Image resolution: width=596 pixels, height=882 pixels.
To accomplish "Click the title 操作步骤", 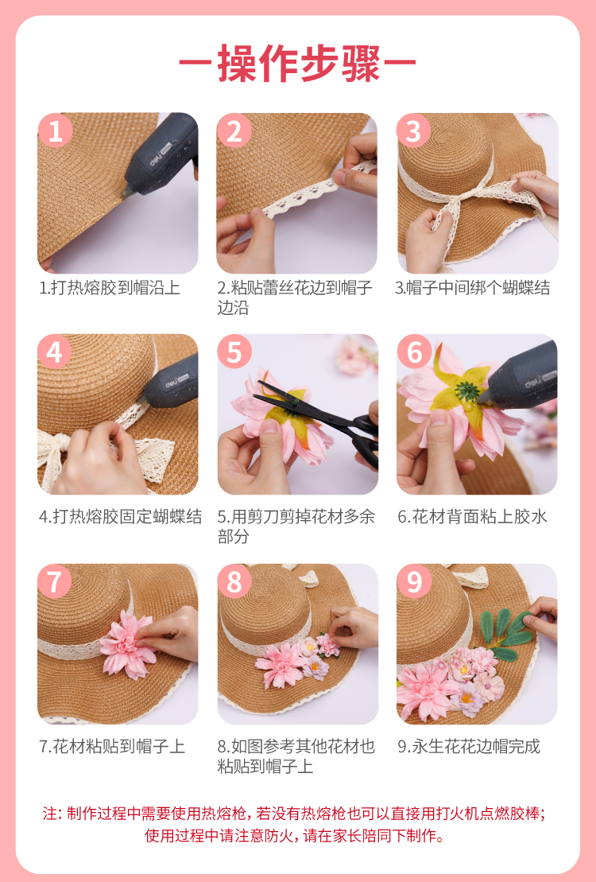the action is [298, 63].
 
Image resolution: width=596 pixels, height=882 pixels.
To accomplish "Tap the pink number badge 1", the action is [55, 131].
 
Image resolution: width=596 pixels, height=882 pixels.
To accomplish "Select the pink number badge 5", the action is [234, 352].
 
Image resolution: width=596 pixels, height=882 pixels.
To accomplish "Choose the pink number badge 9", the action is [414, 581].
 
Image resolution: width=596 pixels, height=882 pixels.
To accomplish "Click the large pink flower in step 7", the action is [127, 645].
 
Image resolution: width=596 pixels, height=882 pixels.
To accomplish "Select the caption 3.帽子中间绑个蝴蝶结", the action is [472, 288].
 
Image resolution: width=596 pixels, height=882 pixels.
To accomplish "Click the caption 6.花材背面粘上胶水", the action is [472, 517].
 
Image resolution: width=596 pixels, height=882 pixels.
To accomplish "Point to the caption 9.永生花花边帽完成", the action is [469, 747].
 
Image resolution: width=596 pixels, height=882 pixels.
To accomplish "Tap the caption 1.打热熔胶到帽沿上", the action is [110, 288].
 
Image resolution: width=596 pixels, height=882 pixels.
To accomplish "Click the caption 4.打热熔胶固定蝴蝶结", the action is [120, 517].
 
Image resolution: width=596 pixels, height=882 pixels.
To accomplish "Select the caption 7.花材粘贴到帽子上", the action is [112, 747].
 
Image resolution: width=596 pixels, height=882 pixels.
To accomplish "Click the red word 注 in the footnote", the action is [49, 814].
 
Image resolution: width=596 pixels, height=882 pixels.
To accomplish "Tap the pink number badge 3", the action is [414, 131].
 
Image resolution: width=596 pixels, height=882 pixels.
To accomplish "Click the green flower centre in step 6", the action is [466, 389].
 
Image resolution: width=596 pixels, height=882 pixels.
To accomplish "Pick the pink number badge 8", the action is [234, 581].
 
